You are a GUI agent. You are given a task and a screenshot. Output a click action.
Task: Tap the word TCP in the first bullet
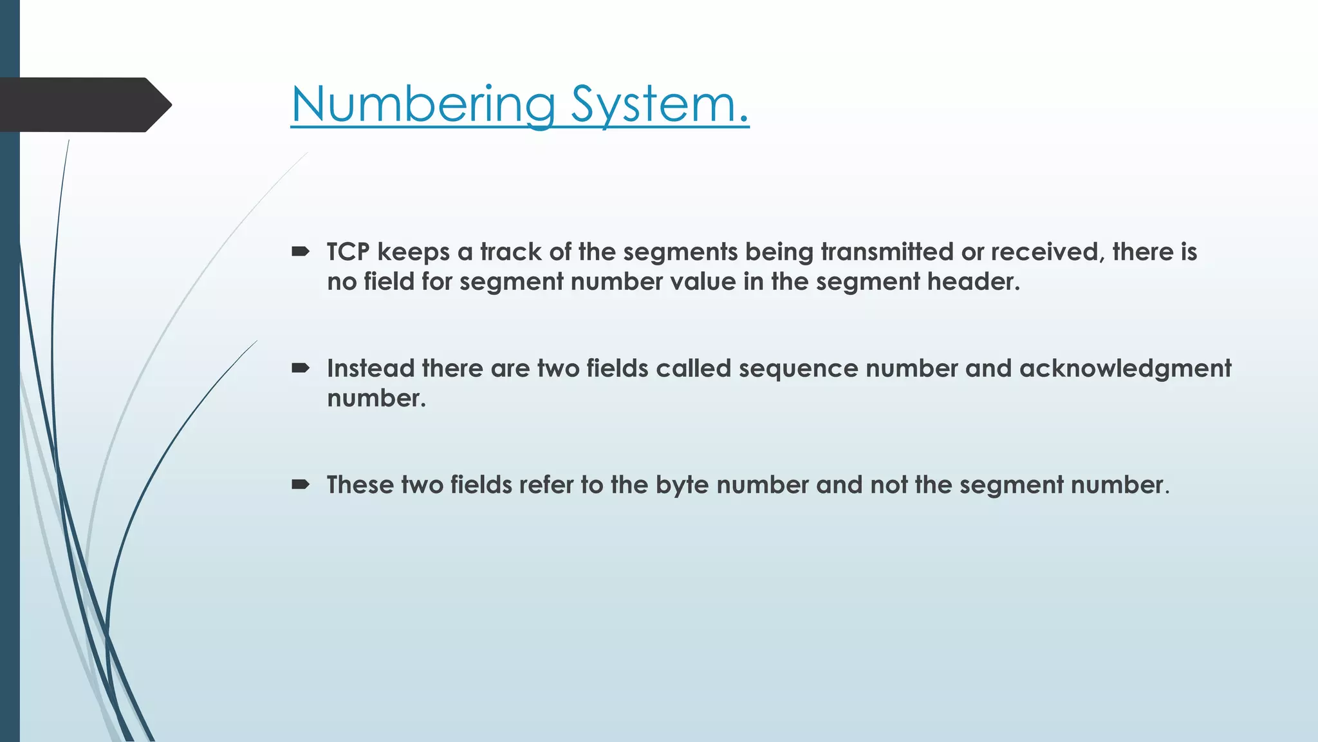[348, 252]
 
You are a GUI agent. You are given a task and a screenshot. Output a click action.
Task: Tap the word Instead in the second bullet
[371, 368]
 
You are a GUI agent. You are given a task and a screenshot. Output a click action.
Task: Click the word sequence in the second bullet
[798, 368]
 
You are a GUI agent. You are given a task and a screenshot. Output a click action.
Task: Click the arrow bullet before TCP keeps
[301, 252]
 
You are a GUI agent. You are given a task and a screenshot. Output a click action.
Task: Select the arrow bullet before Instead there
[301, 368]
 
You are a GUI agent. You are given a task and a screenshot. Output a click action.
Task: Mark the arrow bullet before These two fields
[301, 484]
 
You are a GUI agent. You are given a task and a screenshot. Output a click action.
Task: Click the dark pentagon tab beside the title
[84, 105]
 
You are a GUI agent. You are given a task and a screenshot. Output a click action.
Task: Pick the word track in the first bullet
[511, 252]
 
